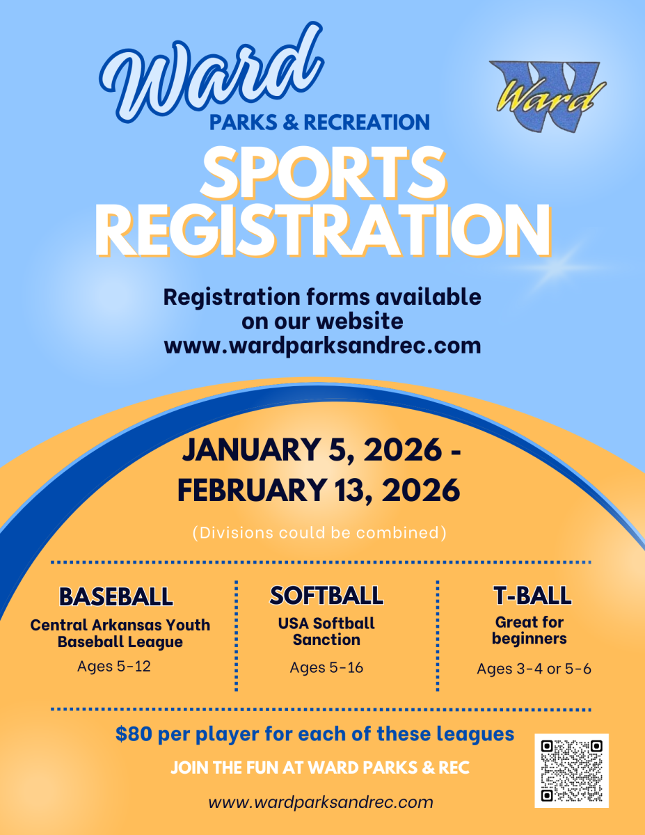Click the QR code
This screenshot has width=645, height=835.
(571, 770)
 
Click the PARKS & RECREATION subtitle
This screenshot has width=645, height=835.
(319, 122)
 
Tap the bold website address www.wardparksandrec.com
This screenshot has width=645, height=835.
(322, 345)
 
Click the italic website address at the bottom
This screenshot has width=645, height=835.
(321, 802)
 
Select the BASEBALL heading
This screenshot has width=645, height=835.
(116, 596)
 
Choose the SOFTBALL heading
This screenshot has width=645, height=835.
(326, 596)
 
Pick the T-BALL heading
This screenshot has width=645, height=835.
(532, 596)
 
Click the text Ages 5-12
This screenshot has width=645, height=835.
(114, 666)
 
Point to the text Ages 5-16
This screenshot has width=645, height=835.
(326, 667)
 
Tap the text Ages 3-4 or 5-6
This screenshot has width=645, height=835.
(534, 669)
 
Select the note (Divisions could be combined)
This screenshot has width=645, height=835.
(319, 533)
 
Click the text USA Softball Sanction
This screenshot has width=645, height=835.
(326, 631)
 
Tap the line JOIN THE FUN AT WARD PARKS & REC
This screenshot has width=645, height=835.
(320, 768)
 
